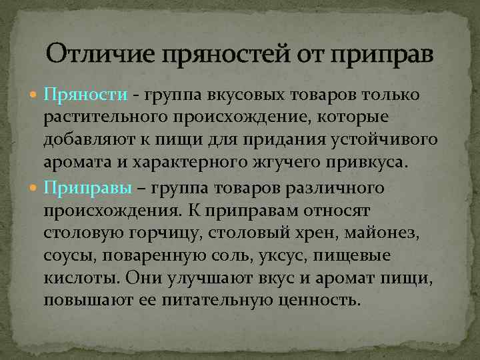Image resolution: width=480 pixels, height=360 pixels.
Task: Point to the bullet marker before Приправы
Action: click(35, 189)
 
